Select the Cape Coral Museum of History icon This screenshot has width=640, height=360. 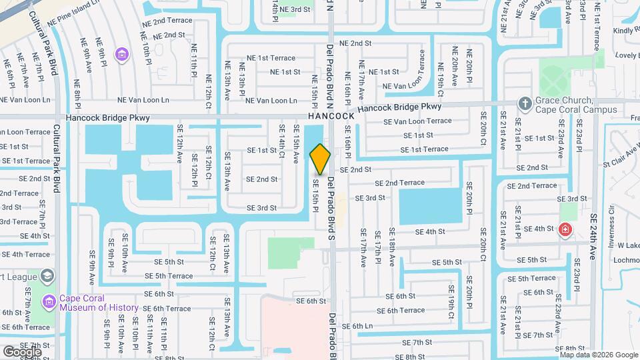[48, 302]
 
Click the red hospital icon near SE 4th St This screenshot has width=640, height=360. [565, 229]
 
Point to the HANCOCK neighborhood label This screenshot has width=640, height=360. [331, 116]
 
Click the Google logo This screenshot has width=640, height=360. [22, 351]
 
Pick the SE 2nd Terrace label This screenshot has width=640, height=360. [399, 183]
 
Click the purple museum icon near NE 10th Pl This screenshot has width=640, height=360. [121, 53]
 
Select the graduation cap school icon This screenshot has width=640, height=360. [47, 275]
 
